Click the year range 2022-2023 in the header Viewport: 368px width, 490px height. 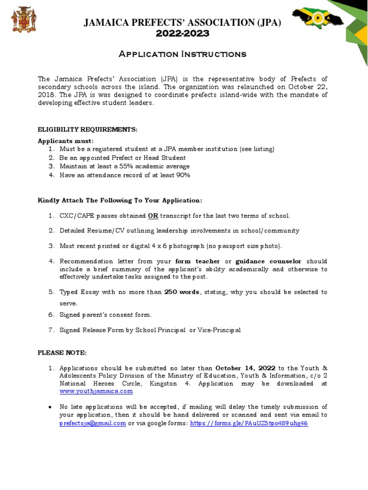tap(183, 33)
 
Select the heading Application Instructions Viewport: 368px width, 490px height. tap(183, 54)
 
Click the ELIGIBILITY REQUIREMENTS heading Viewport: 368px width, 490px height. tap(88, 130)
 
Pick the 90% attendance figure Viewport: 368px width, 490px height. tap(184, 175)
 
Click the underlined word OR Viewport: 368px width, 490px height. tap(153, 216)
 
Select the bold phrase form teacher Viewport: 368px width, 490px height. tap(198, 261)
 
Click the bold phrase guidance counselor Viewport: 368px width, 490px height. tap(269, 261)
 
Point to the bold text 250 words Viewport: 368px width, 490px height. tap(182, 292)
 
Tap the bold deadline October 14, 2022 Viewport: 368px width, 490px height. tap(245, 368)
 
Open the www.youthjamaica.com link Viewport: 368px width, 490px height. tap(96, 391)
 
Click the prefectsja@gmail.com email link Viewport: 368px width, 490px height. tap(93, 423)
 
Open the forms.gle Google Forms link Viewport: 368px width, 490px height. tap(249, 423)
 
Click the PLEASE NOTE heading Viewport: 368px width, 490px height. tap(62, 353)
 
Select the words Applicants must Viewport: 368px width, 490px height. tap(66, 141)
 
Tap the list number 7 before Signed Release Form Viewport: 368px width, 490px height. tap(51, 330)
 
